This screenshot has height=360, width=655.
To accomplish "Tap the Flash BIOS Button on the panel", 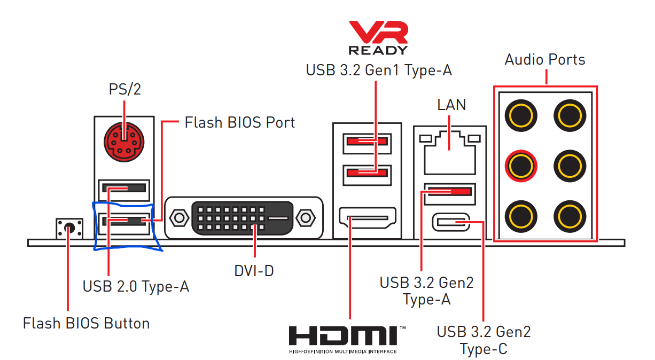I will click(69, 228).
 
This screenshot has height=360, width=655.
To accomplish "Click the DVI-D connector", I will click(243, 218).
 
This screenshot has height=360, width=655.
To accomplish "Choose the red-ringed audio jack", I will click(520, 165).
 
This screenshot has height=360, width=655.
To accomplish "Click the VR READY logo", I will click(378, 38).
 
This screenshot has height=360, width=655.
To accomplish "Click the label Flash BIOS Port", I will click(240, 122).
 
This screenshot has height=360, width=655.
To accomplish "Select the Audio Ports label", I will click(545, 59).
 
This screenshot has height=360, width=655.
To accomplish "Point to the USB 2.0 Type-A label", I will click(136, 286).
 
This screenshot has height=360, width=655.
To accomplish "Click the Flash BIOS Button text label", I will click(86, 323).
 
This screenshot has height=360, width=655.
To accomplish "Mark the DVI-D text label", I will click(254, 271).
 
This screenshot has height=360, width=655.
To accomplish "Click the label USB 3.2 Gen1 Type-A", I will click(379, 71).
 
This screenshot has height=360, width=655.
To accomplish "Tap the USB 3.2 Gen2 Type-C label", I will click(484, 340).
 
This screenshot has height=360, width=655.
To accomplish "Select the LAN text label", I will click(451, 105).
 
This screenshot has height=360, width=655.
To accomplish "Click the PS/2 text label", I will click(125, 89).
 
